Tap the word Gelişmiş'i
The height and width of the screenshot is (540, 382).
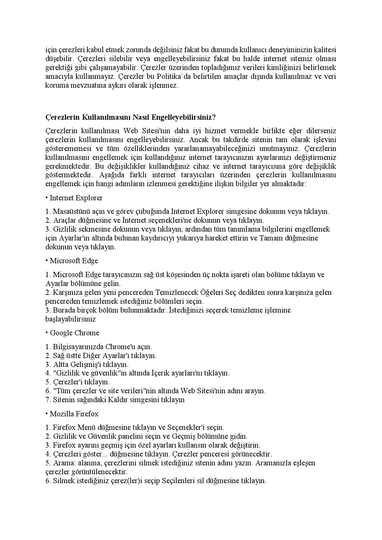tap(87, 364)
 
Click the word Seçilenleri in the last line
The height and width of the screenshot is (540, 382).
tap(178, 481)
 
